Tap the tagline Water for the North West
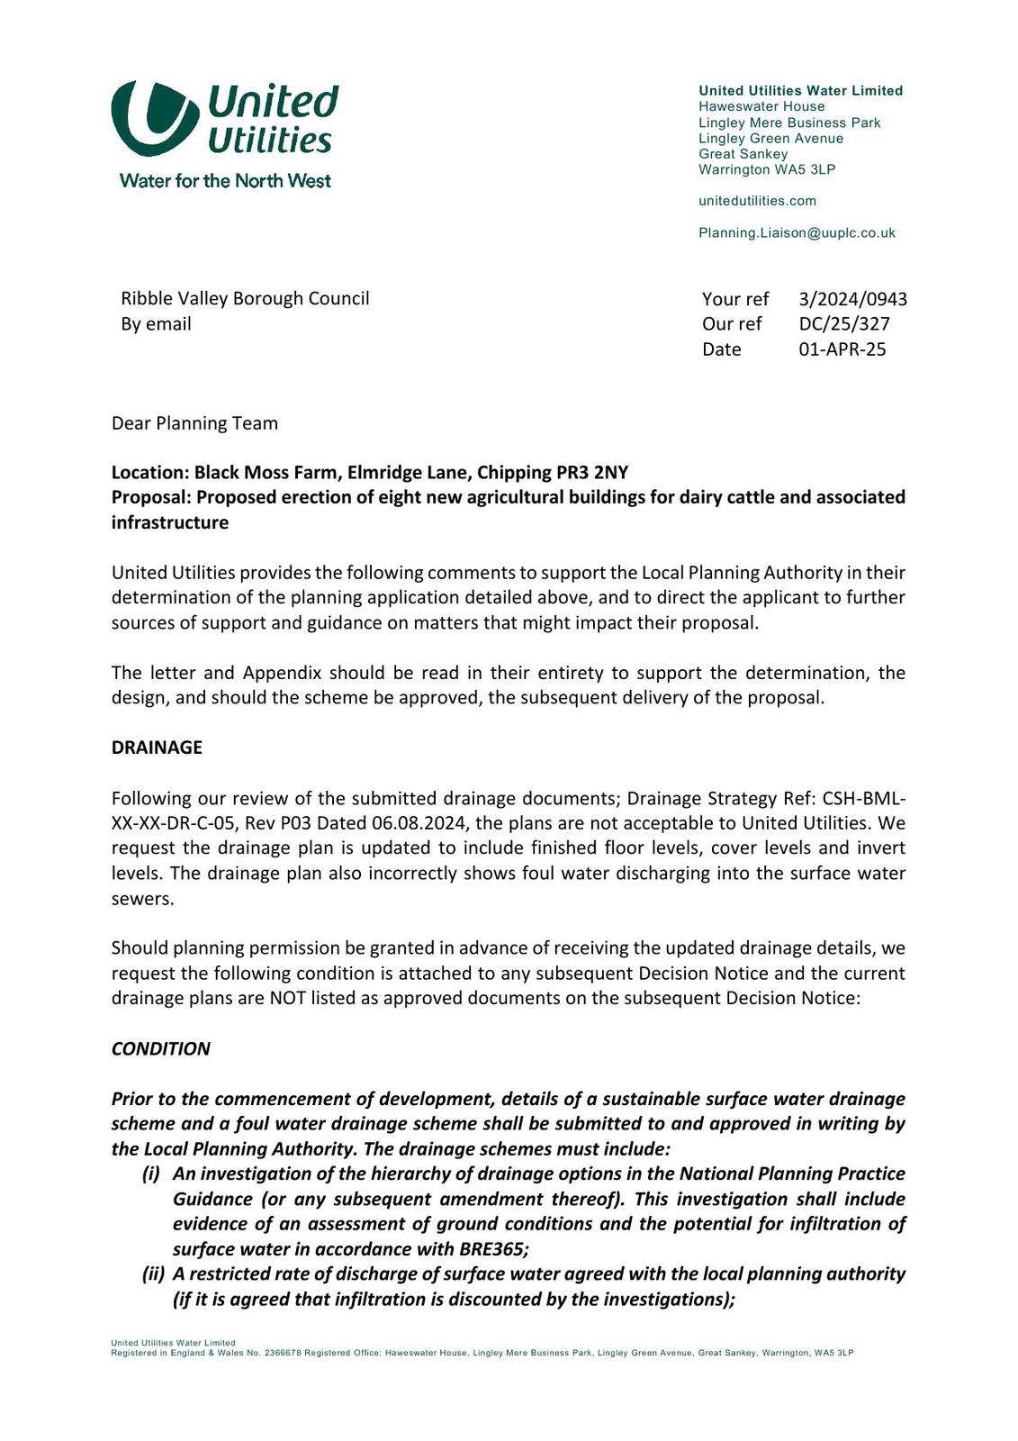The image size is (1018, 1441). coord(225,181)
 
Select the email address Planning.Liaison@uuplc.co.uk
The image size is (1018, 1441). coord(797,233)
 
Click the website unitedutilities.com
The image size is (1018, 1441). coord(757,201)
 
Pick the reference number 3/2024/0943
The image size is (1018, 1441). coord(852,299)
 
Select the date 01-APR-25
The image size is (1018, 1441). coord(842,349)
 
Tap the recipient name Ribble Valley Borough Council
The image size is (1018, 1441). coord(245,298)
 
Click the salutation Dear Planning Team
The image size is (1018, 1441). coord(194,423)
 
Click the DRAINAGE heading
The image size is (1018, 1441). coord(157,748)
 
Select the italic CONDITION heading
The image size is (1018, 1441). coord(160,1049)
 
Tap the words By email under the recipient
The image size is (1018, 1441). coord(156,324)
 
